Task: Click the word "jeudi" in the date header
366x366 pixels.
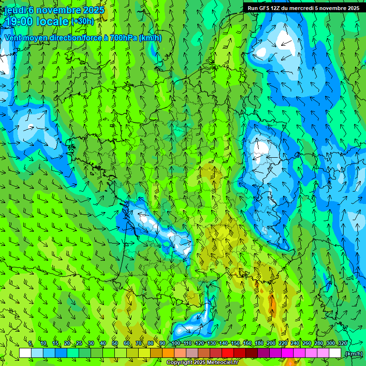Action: click(x=15, y=10)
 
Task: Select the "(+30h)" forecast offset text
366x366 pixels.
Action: click(x=82, y=21)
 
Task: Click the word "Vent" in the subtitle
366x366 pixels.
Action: click(x=13, y=38)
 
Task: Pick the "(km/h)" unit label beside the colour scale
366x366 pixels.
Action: click(x=354, y=354)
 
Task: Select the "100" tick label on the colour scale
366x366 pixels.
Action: click(x=176, y=344)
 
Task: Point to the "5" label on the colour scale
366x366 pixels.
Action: click(x=30, y=344)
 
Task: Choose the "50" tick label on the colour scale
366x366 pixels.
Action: click(x=114, y=344)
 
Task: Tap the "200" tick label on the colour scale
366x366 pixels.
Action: click(x=271, y=344)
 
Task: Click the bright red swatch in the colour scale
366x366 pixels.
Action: click(x=228, y=353)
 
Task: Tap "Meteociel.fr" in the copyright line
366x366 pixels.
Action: click(x=224, y=363)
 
